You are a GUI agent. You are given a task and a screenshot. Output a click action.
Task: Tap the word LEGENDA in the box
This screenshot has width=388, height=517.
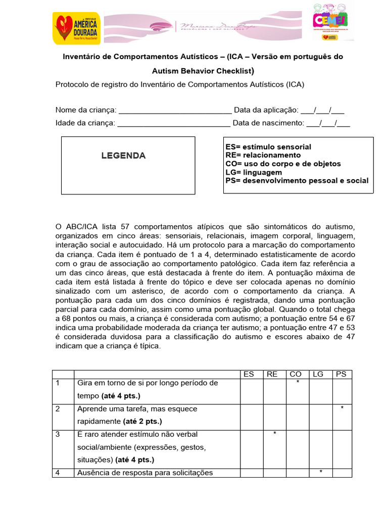[x=124, y=156]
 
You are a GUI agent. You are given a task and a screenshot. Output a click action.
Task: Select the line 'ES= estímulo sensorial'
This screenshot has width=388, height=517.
[x=268, y=147]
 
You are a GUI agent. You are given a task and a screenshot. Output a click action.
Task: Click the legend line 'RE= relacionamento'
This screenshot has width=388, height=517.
[x=263, y=155]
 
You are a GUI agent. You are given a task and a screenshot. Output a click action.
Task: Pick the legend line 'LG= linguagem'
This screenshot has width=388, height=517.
[x=254, y=172]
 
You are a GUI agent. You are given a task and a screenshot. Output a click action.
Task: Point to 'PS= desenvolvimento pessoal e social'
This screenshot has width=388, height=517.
[x=297, y=181]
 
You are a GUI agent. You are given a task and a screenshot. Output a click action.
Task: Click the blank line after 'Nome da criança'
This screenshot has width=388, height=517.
[x=174, y=111]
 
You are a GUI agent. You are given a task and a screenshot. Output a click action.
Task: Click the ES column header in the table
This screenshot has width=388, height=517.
[x=249, y=374]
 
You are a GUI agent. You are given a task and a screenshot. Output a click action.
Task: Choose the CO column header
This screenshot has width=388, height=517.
[x=296, y=374]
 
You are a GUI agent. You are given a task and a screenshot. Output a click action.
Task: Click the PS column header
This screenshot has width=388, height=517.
[x=341, y=374]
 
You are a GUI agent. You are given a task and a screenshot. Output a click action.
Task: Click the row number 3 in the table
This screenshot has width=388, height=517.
[x=58, y=434]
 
